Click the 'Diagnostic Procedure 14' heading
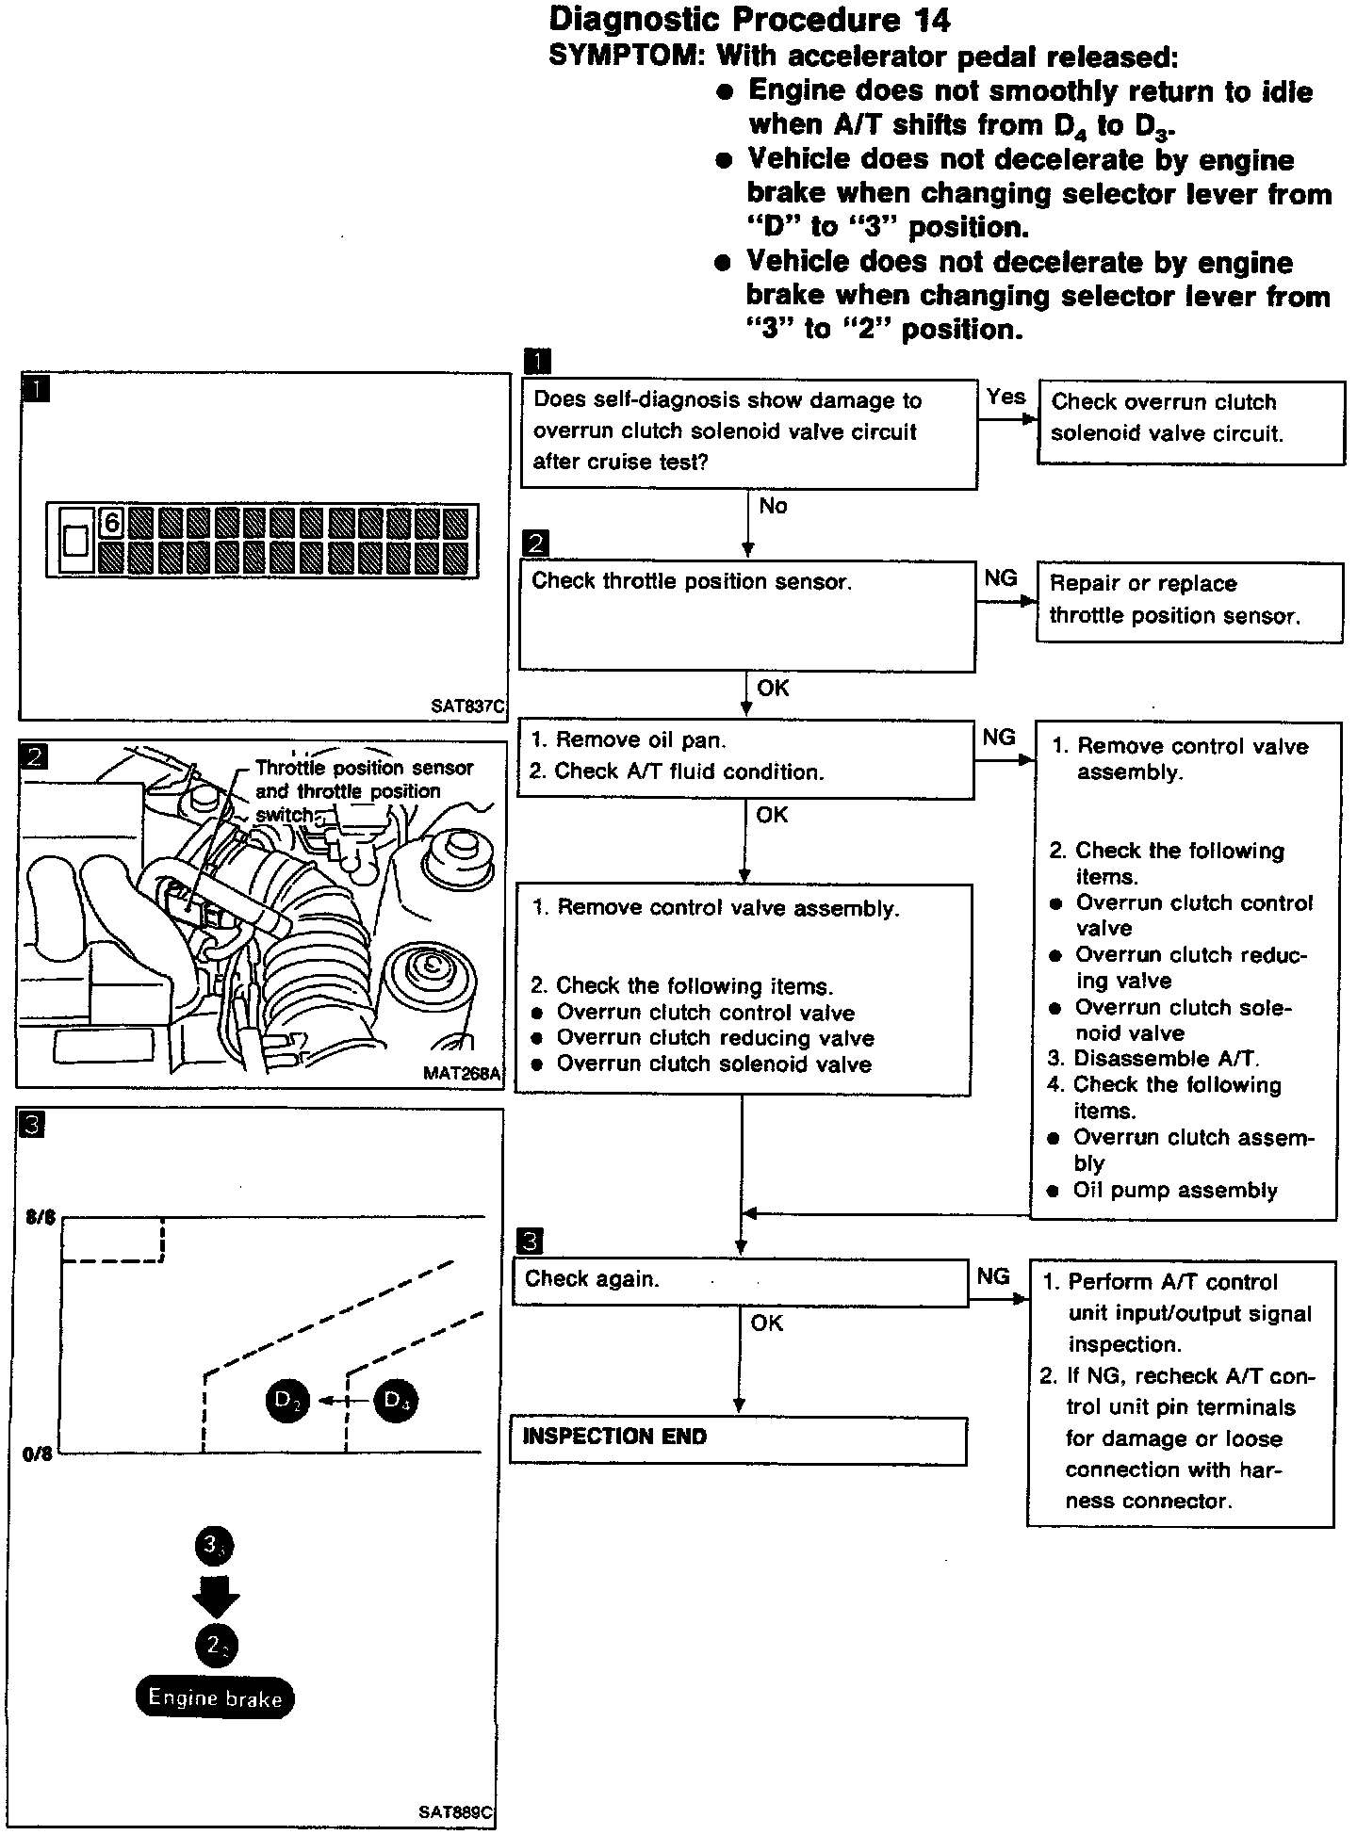pos(749,20)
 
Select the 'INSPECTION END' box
pos(738,1440)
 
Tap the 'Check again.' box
pos(740,1282)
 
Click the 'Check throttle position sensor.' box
pos(746,616)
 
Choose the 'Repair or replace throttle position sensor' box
pos(1189,602)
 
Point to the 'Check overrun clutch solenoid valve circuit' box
pos(1190,421)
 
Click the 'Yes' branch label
pos(1005,397)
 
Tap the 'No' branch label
pos(773,506)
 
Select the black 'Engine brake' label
pos(215,1698)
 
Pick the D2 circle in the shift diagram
pos(287,1400)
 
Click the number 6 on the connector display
pos(111,521)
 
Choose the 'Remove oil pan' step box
pos(744,756)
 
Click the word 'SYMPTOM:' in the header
pos(627,57)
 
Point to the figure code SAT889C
pos(456,1811)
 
